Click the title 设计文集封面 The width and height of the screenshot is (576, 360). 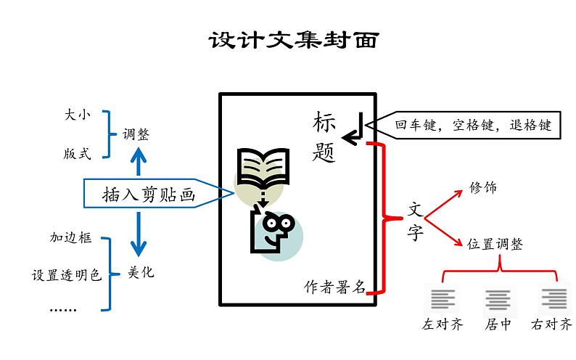coord(294,40)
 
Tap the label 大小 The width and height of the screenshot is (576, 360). coord(77,115)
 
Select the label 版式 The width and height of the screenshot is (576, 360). coord(77,154)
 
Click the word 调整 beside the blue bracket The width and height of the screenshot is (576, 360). coord(136,134)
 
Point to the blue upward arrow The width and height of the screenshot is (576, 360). coord(139,162)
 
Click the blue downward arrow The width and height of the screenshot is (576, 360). coord(139,234)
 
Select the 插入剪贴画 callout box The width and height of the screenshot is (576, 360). coord(159,193)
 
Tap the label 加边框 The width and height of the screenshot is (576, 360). coord(70,237)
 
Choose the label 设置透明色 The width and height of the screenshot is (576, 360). coord(66,275)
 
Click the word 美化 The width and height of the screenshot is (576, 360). coord(141,273)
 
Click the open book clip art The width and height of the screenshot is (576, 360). coord(263,167)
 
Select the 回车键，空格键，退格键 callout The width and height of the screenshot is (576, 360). coord(463,126)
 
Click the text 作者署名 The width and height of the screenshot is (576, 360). coord(334,287)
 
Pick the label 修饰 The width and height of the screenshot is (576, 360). coord(483,187)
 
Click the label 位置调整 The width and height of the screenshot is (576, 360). coord(495,244)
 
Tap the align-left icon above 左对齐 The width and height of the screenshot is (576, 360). coord(443,299)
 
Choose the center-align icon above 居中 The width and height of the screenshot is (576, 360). coord(498,300)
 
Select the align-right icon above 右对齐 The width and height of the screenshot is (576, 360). coord(554,298)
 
